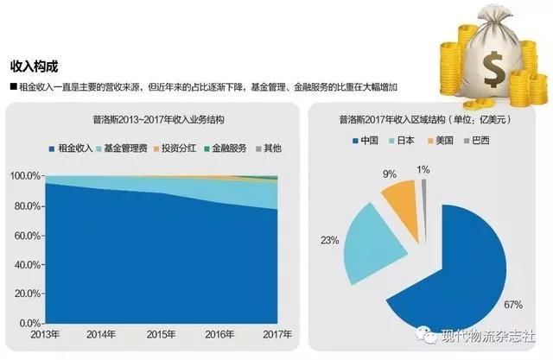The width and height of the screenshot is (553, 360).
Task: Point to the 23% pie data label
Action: coord(328,241)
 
